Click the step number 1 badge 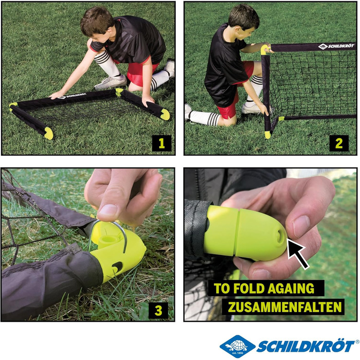pyautogui.click(x=161, y=143)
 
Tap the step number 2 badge pyautogui.click(x=339, y=143)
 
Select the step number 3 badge pyautogui.click(x=158, y=311)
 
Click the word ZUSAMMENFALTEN pyautogui.click(x=285, y=307)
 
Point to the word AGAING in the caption pyautogui.click(x=291, y=288)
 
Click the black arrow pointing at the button pyautogui.click(x=298, y=253)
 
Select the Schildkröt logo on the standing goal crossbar pyautogui.click(x=336, y=46)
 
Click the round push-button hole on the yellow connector pyautogui.click(x=280, y=237)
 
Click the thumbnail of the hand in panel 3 pyautogui.click(x=107, y=210)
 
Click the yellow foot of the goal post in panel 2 pyautogui.click(x=268, y=135)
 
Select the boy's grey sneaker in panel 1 pyautogui.click(x=111, y=82)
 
